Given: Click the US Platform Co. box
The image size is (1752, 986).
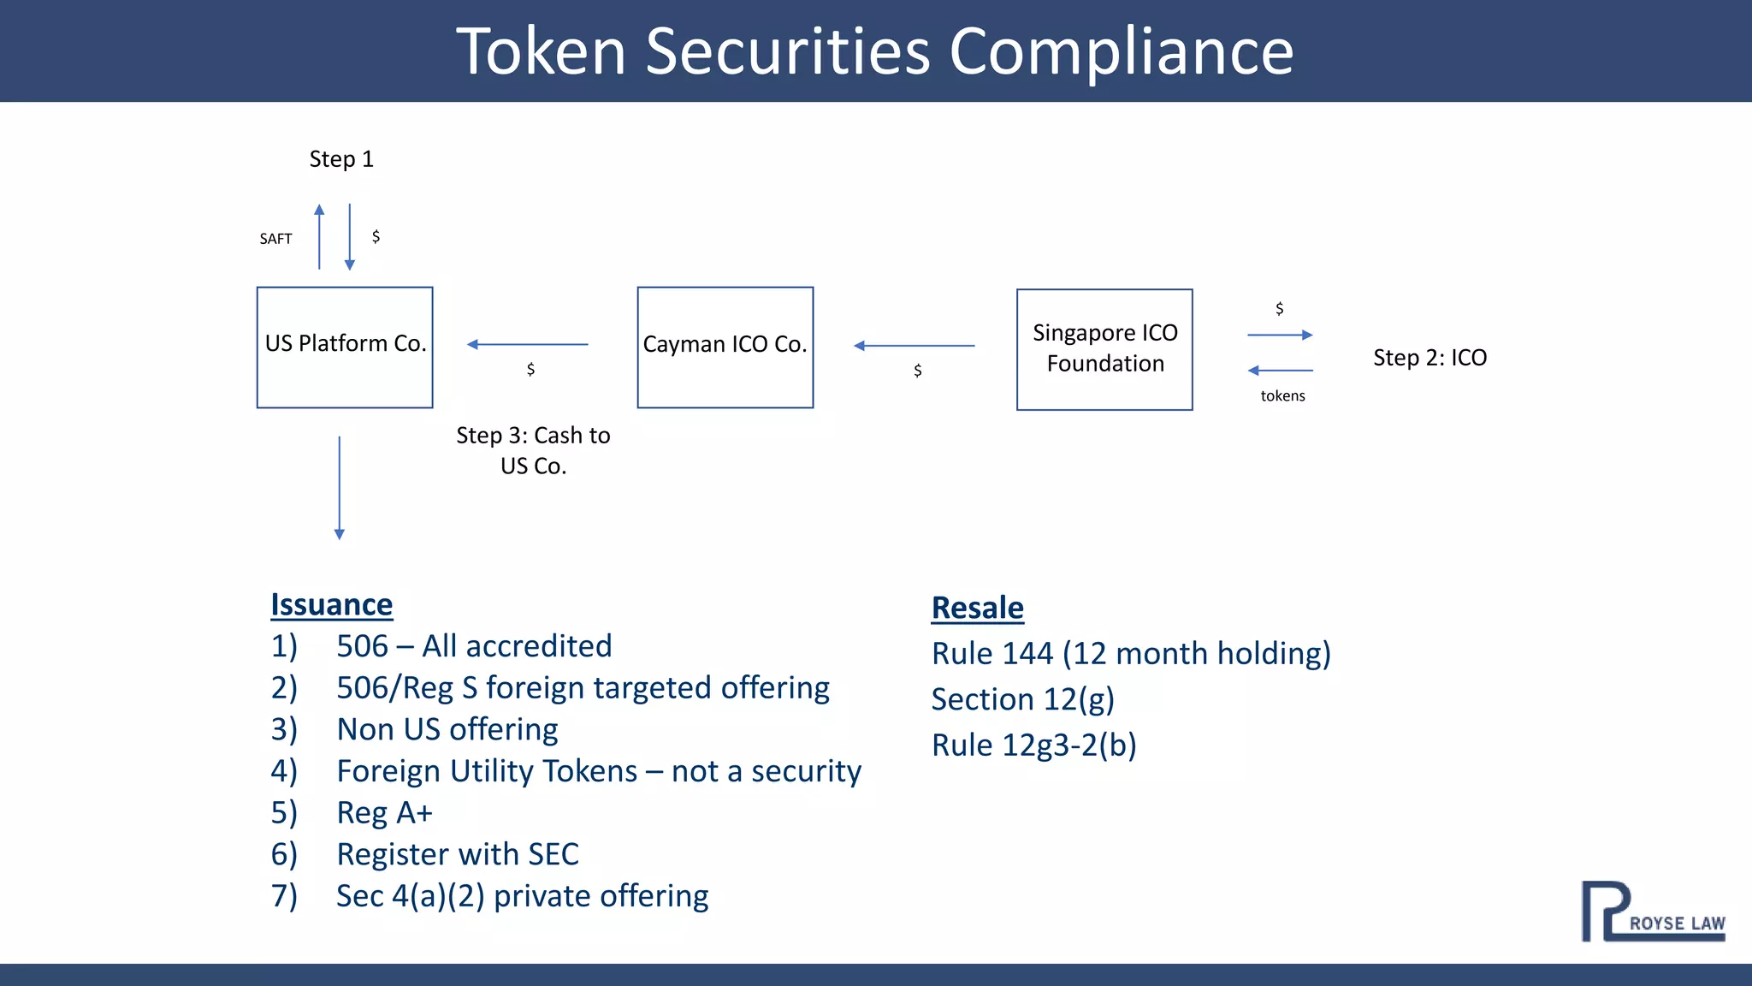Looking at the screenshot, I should click(x=345, y=347).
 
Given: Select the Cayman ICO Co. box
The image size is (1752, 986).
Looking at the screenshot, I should click(x=725, y=347).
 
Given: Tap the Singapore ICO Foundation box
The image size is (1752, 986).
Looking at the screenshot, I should click(x=1104, y=349).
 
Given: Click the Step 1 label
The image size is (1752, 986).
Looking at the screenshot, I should click(x=341, y=159).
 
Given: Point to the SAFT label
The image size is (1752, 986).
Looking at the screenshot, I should click(x=275, y=239).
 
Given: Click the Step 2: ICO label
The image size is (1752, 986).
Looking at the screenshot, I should click(x=1429, y=358).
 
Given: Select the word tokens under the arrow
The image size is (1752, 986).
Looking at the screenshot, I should click(x=1282, y=395).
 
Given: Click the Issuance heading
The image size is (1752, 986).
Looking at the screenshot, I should click(x=331, y=604).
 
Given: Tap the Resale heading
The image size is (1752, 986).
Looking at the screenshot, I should click(x=977, y=608).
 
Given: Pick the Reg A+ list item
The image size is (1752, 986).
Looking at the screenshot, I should click(x=384, y=812).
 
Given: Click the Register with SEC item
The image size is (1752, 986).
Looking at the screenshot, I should click(x=457, y=854).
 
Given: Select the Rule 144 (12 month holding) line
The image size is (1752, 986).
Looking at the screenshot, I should click(x=1130, y=653).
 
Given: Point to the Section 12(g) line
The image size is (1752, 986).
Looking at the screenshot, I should click(x=1022, y=699).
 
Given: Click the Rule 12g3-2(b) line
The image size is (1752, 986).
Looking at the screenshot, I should click(x=1033, y=745).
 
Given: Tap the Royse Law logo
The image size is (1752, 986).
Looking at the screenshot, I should click(x=1652, y=912).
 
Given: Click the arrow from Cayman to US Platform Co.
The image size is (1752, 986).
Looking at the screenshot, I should click(x=527, y=344).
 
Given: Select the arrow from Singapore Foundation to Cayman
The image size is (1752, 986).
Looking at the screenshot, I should click(x=914, y=346).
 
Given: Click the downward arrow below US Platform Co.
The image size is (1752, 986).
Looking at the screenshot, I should click(x=340, y=488).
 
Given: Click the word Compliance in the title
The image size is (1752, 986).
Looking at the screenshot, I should click(x=1121, y=51).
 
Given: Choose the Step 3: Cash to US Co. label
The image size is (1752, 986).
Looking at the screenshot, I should click(x=533, y=450).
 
